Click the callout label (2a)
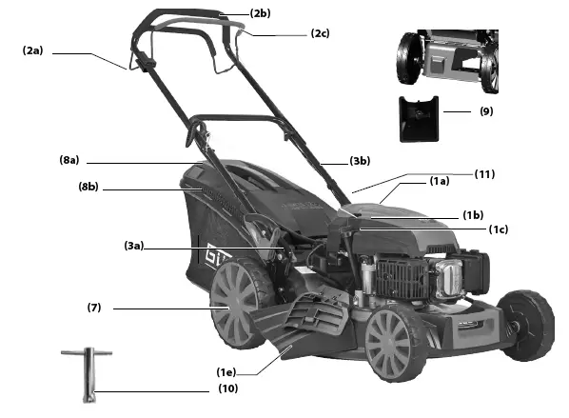[32, 50]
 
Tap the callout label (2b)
[261, 13]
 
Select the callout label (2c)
[320, 33]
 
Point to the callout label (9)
[486, 110]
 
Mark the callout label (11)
[485, 174]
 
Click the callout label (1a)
[439, 181]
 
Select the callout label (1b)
[473, 215]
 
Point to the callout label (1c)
[498, 229]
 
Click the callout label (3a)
[133, 247]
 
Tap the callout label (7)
[94, 308]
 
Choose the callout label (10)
[226, 388]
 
